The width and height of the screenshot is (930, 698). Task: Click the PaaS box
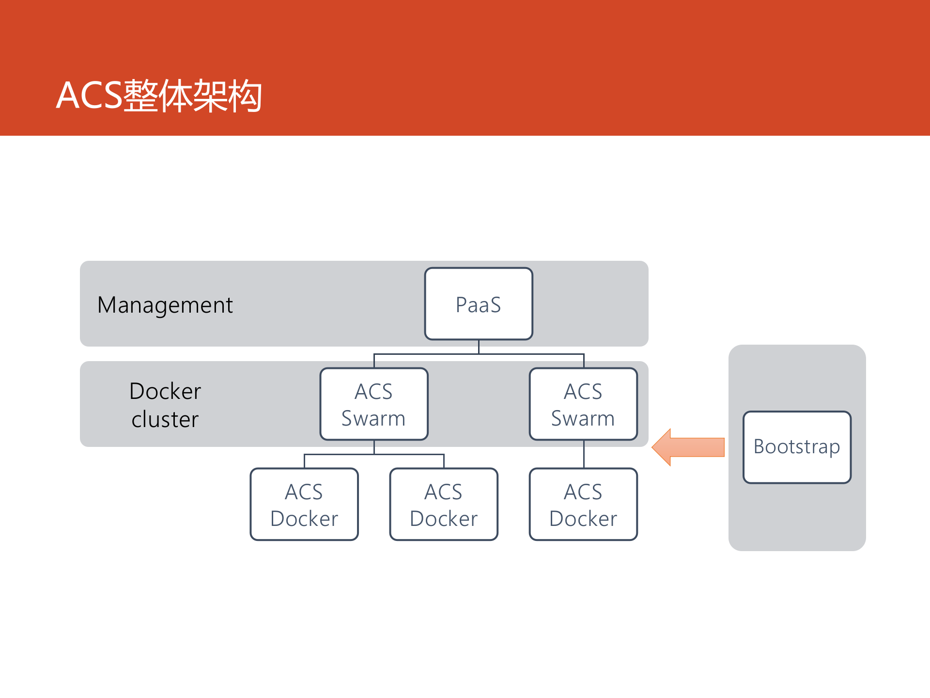pyautogui.click(x=479, y=304)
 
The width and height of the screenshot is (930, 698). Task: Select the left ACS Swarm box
pyautogui.click(x=374, y=404)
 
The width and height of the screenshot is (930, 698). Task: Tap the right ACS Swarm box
pyautogui.click(x=583, y=404)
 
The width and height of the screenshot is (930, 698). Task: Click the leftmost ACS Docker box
pyautogui.click(x=304, y=504)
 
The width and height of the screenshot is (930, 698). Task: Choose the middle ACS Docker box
pyautogui.click(x=444, y=504)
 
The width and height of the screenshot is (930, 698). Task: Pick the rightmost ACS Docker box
pyautogui.click(x=583, y=504)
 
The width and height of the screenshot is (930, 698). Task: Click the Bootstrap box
pyautogui.click(x=797, y=447)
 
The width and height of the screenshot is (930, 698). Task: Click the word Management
pyautogui.click(x=165, y=305)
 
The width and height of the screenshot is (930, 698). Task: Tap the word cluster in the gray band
pyautogui.click(x=165, y=419)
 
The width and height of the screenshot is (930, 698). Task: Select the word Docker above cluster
pyautogui.click(x=165, y=391)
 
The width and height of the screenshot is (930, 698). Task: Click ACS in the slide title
pyautogui.click(x=89, y=95)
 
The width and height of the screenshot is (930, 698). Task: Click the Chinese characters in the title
pyautogui.click(x=193, y=95)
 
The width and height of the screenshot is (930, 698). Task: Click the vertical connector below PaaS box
pyautogui.click(x=479, y=347)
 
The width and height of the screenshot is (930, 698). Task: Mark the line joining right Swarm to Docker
pyautogui.click(x=584, y=454)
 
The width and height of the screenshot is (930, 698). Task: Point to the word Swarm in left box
pyautogui.click(x=373, y=418)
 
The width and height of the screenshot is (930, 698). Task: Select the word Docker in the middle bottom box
pyautogui.click(x=444, y=519)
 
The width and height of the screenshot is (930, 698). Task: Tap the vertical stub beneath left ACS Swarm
pyautogui.click(x=374, y=447)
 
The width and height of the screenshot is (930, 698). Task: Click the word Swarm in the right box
pyautogui.click(x=583, y=418)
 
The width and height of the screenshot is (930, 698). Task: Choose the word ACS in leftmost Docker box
pyautogui.click(x=304, y=492)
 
